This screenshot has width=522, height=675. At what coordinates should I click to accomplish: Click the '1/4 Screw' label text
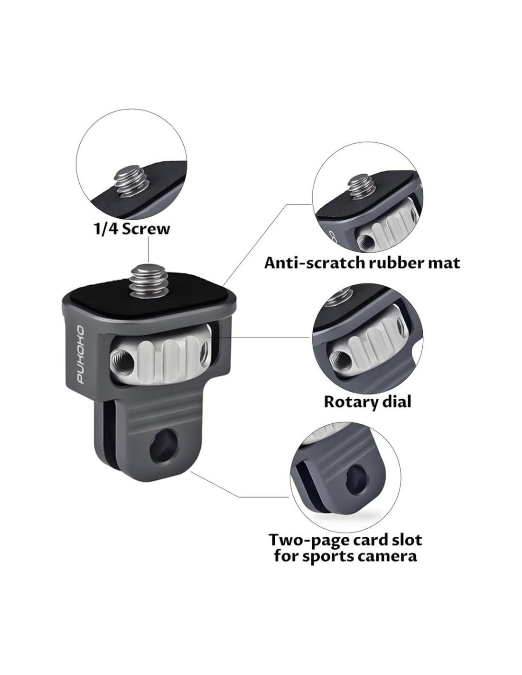[130, 229]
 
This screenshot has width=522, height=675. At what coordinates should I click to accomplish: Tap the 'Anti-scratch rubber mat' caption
[362, 262]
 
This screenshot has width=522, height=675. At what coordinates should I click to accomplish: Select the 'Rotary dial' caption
[367, 402]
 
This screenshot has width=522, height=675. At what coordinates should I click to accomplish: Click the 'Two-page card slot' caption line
[345, 540]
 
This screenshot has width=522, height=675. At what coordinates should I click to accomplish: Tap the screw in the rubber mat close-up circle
[361, 188]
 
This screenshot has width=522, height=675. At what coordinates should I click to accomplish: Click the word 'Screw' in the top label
[146, 229]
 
